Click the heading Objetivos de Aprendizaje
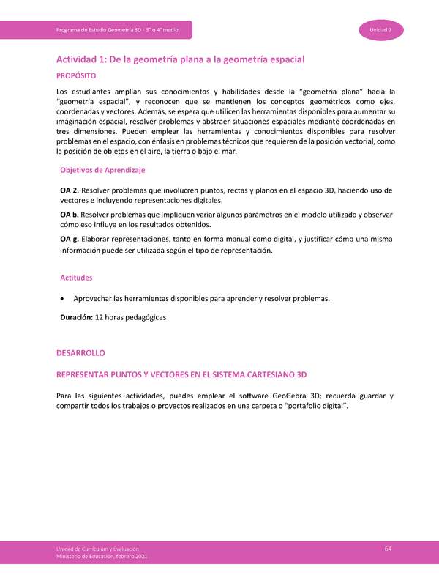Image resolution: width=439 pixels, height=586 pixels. [x=102, y=170]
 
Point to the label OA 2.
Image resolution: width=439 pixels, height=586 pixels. [x=70, y=190]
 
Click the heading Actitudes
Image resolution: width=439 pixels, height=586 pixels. [x=76, y=278]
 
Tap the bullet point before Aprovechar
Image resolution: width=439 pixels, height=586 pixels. [x=67, y=298]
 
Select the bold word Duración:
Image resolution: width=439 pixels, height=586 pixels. [x=76, y=317]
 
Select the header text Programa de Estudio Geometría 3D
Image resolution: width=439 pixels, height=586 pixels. [x=123, y=29]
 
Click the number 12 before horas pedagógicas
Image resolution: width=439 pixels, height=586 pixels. [x=100, y=317]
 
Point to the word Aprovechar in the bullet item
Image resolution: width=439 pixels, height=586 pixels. [x=97, y=298]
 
